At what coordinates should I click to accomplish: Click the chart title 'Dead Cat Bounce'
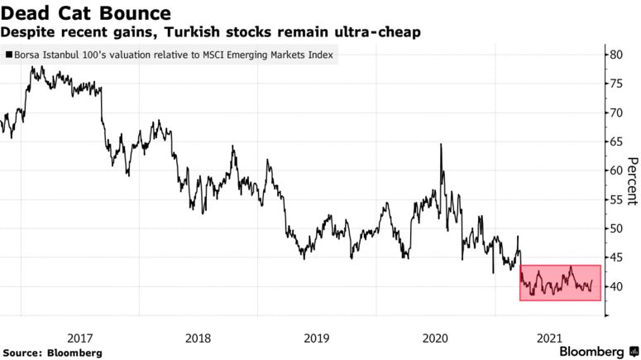click(x=86, y=13)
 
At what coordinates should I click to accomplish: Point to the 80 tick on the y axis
click(x=617, y=55)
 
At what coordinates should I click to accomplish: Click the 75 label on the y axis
click(x=617, y=84)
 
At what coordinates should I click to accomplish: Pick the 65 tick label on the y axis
click(x=617, y=142)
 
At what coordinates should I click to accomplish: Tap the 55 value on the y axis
click(x=617, y=199)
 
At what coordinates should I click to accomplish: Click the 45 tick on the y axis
click(x=617, y=257)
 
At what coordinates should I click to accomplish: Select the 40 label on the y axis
click(x=617, y=286)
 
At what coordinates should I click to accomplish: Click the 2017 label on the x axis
click(x=79, y=338)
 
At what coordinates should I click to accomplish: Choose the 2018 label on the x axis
click(x=199, y=338)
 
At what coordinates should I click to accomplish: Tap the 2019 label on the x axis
click(x=317, y=338)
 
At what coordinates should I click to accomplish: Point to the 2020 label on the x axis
click(x=434, y=338)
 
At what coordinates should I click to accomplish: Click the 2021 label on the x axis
click(x=552, y=338)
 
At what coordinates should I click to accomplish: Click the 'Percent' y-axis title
click(x=632, y=181)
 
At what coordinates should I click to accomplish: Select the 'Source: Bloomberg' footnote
click(x=51, y=353)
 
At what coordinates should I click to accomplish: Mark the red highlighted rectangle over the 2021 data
click(x=559, y=282)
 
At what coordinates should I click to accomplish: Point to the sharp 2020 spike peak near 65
click(x=441, y=145)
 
